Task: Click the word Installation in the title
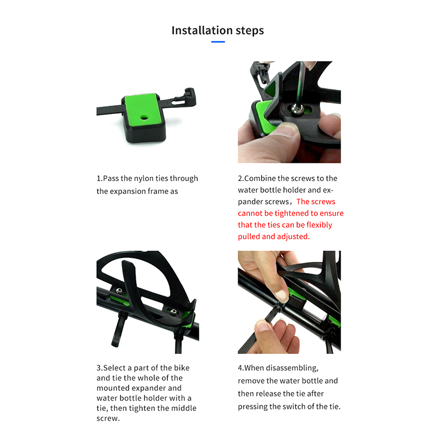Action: (202, 31)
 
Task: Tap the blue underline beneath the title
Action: (218, 42)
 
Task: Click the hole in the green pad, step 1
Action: (144, 118)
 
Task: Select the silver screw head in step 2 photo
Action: (298, 109)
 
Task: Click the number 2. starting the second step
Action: (241, 179)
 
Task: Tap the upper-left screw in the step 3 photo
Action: (119, 291)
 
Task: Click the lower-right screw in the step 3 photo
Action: (173, 311)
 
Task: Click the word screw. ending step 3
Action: (108, 419)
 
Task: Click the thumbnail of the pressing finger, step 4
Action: (281, 296)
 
